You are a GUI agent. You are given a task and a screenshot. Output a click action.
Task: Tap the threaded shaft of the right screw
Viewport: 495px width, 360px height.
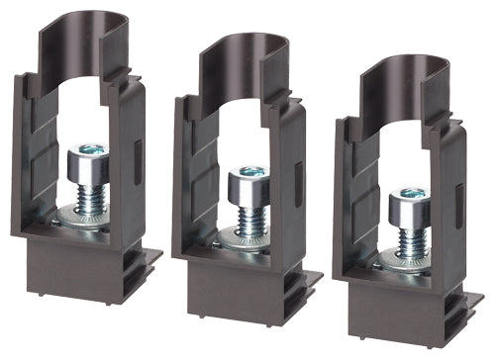(x=407, y=239)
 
